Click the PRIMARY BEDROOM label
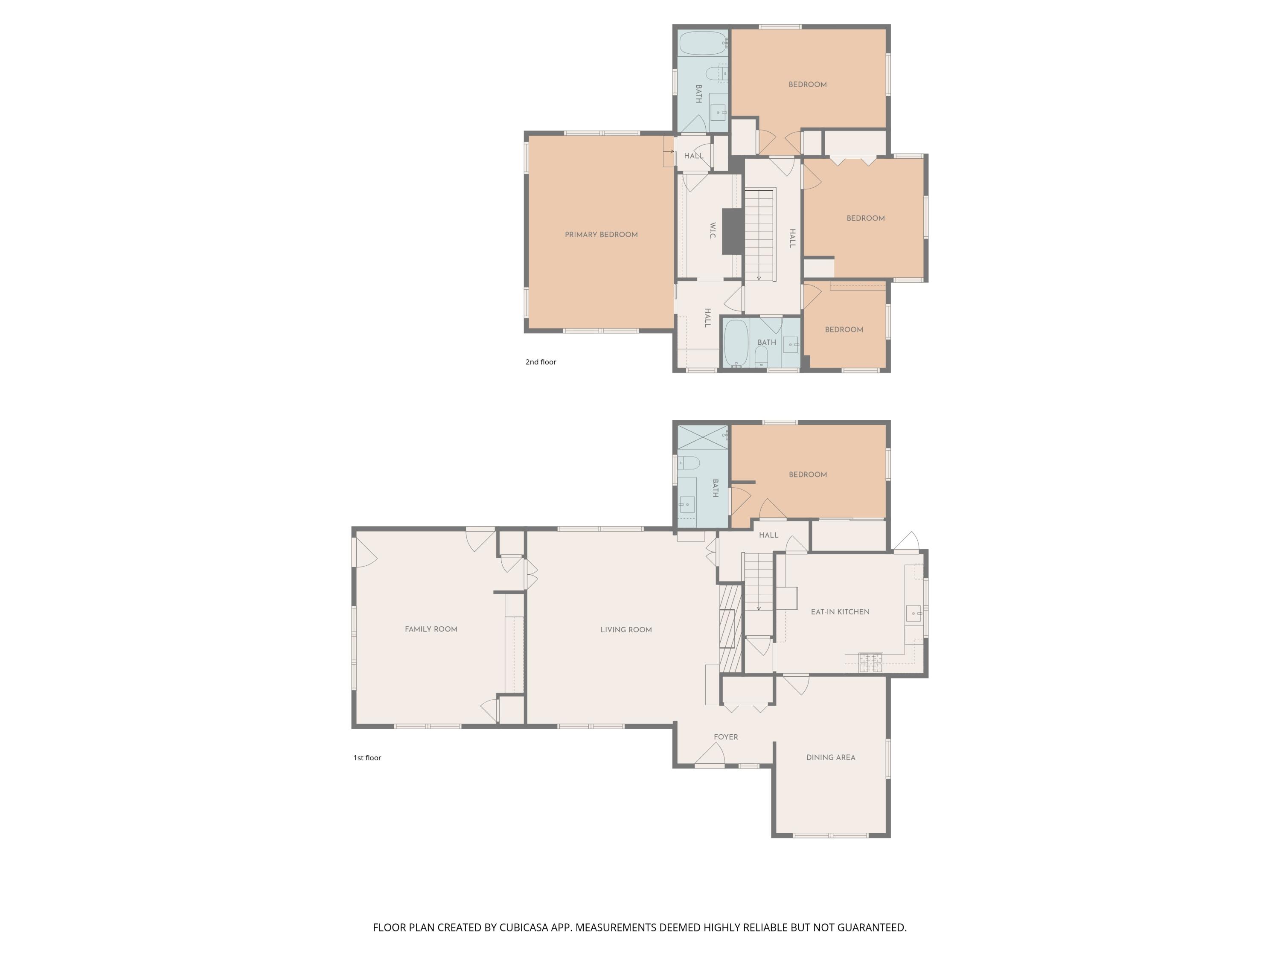point(601,234)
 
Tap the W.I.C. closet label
point(713,230)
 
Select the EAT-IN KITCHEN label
point(840,612)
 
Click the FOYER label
point(726,736)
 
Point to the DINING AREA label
point(830,757)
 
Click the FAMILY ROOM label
point(431,629)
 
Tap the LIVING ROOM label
point(625,630)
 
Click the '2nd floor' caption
point(541,362)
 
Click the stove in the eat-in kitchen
point(870,663)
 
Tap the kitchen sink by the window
point(914,613)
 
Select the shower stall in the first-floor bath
point(702,437)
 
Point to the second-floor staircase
point(759,234)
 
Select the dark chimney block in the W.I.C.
point(733,231)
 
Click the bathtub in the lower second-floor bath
point(736,343)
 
